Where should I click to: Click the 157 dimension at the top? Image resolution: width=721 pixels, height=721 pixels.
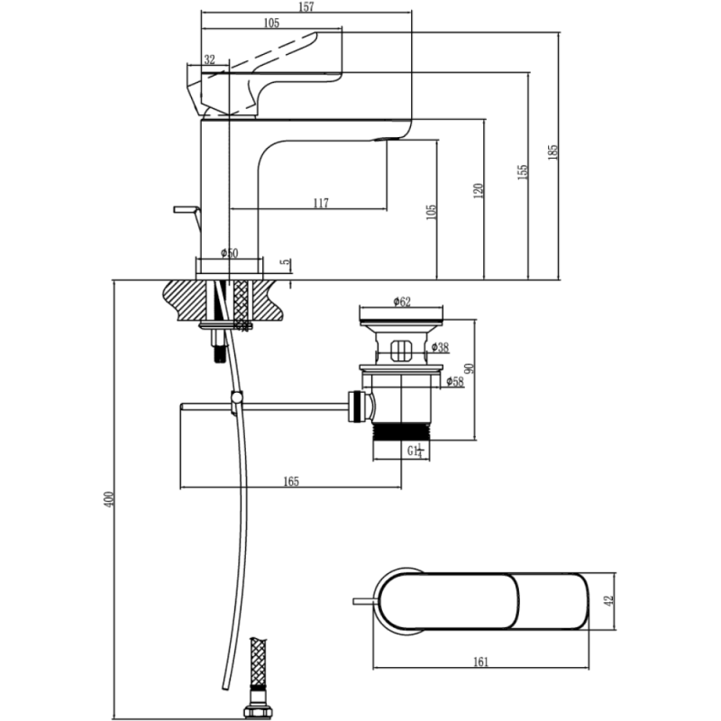(x=306, y=7)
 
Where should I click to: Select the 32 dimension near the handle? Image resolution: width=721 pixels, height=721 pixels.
(x=210, y=59)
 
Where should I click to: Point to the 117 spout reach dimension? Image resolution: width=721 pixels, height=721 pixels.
(x=321, y=203)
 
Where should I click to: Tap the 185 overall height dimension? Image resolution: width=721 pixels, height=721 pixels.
(x=553, y=152)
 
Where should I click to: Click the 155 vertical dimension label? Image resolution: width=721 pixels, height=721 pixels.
(x=523, y=172)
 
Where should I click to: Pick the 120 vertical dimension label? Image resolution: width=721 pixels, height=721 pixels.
(x=479, y=191)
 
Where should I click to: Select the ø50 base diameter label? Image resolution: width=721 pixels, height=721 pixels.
(x=230, y=253)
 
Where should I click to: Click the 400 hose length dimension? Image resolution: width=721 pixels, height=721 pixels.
(x=109, y=499)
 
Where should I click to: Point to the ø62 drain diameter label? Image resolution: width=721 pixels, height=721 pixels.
(x=402, y=302)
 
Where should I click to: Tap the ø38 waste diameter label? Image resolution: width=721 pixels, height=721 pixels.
(x=441, y=347)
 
